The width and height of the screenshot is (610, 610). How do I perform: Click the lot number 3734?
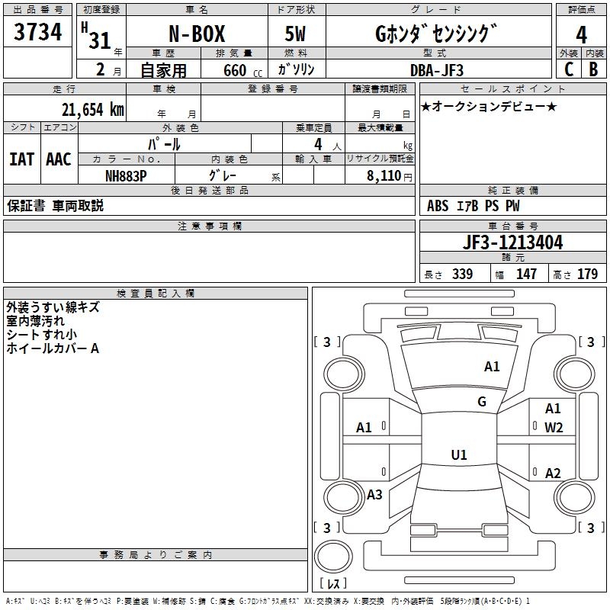(x=37, y=31)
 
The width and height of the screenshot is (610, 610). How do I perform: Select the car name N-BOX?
(x=197, y=34)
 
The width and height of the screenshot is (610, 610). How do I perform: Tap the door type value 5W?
(x=295, y=34)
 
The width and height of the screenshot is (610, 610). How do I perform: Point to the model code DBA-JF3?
(x=437, y=70)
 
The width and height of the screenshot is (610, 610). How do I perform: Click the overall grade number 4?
(x=581, y=35)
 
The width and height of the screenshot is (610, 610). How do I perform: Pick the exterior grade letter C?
(x=569, y=69)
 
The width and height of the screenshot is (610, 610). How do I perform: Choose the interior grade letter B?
(x=593, y=69)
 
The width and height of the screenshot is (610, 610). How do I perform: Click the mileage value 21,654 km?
(x=93, y=110)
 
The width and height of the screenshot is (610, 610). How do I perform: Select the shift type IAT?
(x=21, y=159)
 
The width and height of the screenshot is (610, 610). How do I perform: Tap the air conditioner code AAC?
(x=59, y=159)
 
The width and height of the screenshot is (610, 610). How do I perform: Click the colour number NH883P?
(x=126, y=176)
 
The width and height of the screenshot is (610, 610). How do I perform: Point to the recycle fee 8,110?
(x=384, y=176)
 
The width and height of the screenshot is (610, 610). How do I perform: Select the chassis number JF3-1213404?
(x=512, y=242)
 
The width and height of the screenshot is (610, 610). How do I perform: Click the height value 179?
(x=587, y=274)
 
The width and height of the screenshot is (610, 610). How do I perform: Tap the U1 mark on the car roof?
(x=459, y=454)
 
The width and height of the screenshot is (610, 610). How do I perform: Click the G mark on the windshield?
(x=482, y=401)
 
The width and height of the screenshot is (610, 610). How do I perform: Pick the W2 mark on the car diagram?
(x=554, y=428)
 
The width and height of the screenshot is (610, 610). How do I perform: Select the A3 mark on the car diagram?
(x=374, y=494)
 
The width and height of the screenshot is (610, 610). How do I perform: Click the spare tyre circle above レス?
(x=333, y=556)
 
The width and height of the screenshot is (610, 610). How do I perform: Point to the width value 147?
(x=526, y=274)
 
